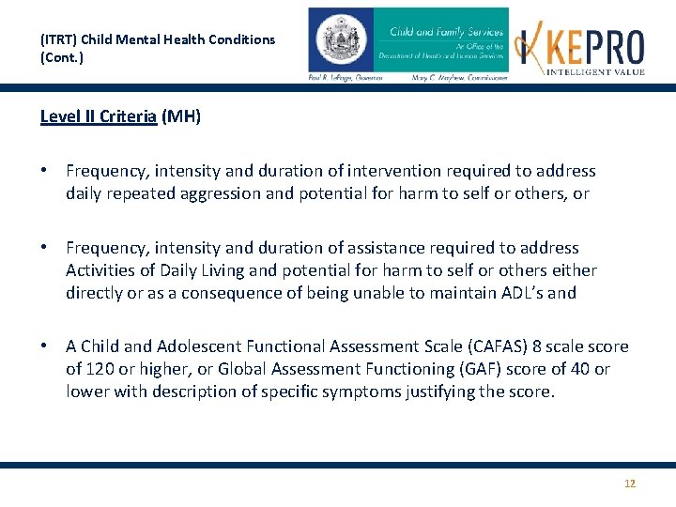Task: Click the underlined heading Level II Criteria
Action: (99, 117)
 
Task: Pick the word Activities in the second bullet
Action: (100, 270)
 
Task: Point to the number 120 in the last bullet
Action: (99, 369)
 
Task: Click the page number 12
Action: (630, 484)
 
